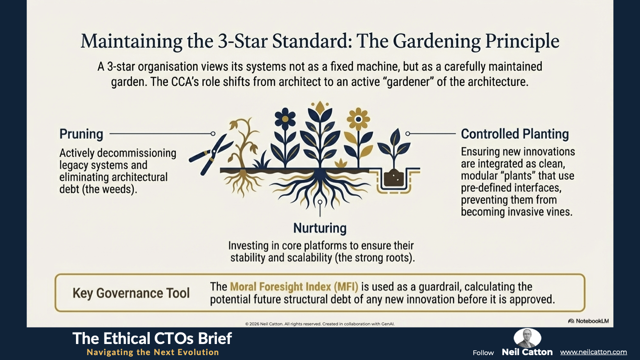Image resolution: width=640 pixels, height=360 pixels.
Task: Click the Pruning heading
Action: (81, 134)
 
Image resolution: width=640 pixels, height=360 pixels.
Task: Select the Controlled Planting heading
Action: (515, 134)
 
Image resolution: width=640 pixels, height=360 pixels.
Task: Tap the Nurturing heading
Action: (320, 228)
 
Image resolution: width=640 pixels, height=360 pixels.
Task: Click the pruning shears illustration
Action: (211, 154)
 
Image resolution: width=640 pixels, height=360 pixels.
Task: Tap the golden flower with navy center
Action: (358, 119)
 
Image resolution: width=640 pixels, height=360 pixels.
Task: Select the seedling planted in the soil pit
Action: (394, 148)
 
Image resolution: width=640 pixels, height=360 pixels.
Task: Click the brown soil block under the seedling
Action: (394, 178)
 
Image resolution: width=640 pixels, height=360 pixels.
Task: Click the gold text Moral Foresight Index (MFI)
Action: (294, 287)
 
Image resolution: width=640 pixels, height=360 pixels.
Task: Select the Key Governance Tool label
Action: (131, 293)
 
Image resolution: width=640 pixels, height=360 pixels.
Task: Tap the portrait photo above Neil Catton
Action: (527, 338)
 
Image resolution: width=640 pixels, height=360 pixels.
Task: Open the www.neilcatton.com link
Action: (593, 352)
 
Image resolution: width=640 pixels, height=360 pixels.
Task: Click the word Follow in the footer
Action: (483, 353)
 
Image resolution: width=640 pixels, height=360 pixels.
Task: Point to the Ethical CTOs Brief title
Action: (152, 338)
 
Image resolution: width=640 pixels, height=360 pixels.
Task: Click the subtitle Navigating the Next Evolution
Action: (152, 352)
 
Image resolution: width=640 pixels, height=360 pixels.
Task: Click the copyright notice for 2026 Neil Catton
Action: (320, 324)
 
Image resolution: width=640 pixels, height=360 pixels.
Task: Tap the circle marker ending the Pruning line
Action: (213, 133)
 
